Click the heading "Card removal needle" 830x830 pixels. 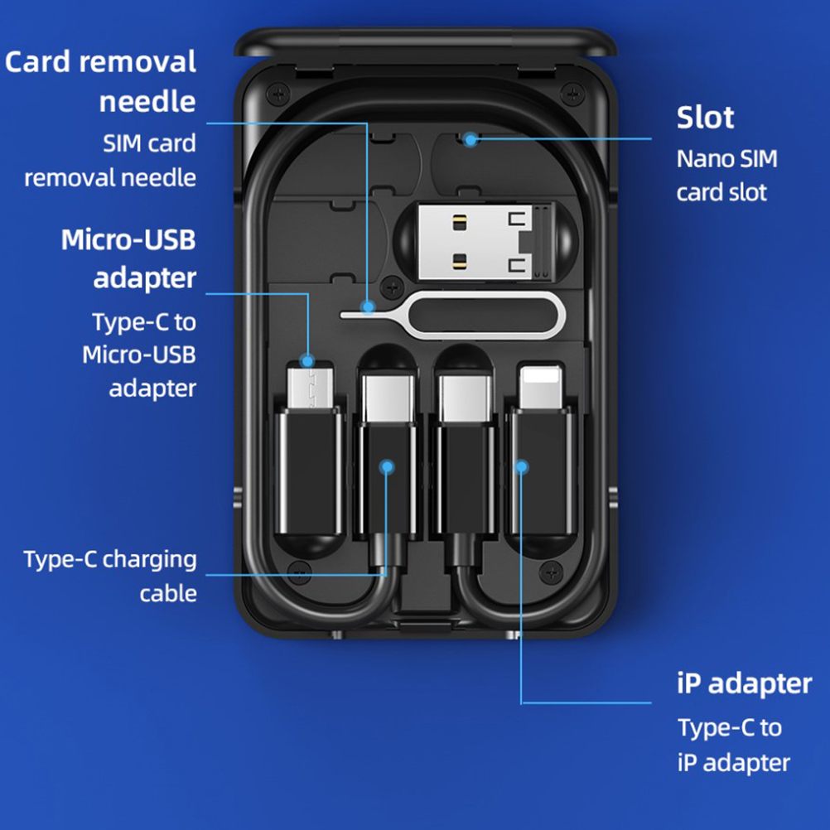(x=101, y=81)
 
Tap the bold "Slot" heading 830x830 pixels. (x=705, y=118)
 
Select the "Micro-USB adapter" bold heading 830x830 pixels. (x=129, y=258)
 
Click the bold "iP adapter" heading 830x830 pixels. (x=744, y=683)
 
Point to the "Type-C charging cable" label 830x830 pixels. (x=111, y=576)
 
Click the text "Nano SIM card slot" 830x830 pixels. (x=726, y=175)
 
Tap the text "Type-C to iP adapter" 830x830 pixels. (x=733, y=745)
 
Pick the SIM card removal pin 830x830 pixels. (x=451, y=313)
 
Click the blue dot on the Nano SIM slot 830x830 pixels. (x=470, y=139)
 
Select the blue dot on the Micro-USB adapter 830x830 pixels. (x=307, y=361)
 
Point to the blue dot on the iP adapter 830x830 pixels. (x=521, y=466)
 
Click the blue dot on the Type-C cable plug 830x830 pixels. (x=386, y=466)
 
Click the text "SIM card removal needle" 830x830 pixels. (x=111, y=160)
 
